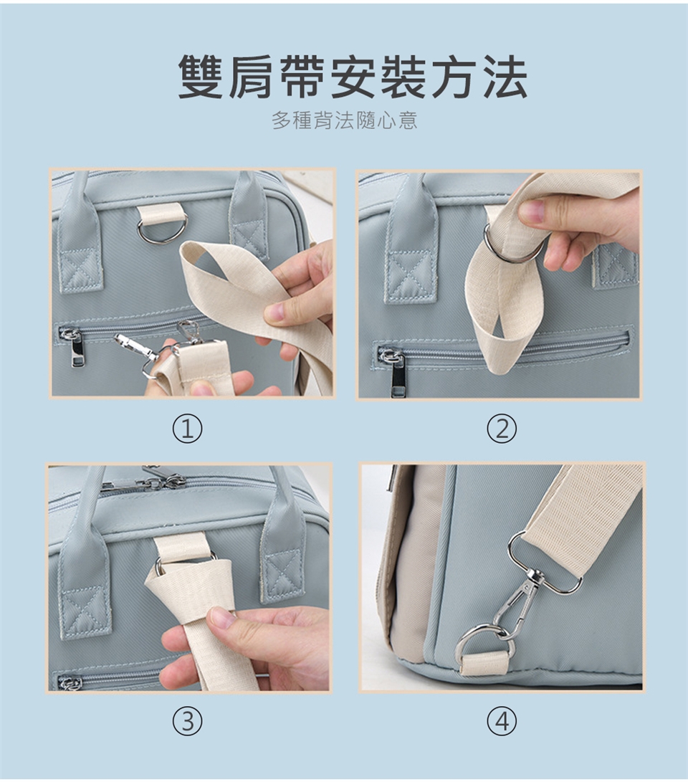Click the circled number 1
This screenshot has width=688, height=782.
click(x=188, y=429)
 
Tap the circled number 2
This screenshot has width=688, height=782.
click(x=502, y=429)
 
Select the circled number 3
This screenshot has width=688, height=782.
click(x=188, y=720)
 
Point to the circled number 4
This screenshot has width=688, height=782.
click(x=502, y=720)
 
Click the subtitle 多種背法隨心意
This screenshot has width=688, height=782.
click(x=345, y=120)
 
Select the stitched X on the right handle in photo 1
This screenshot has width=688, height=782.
click(x=249, y=234)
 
